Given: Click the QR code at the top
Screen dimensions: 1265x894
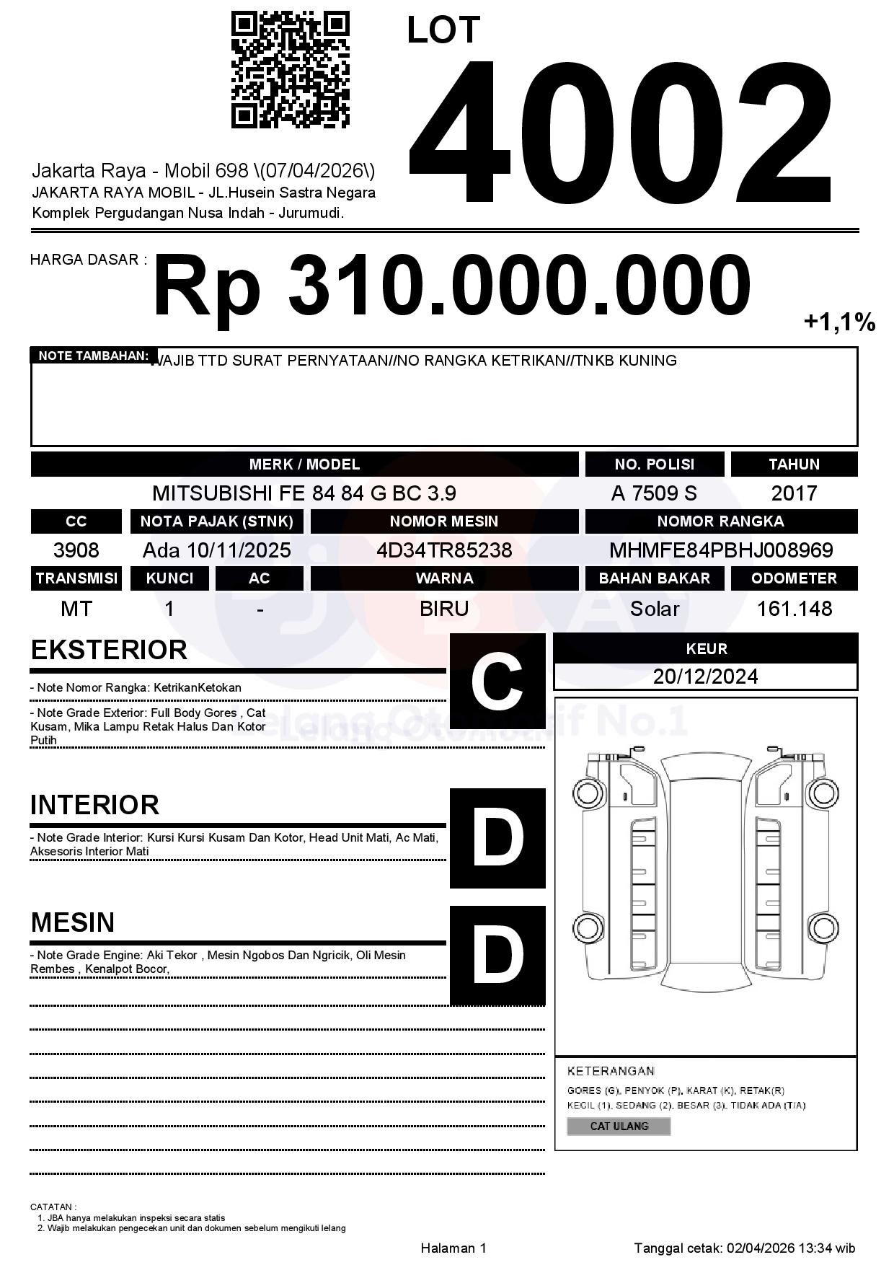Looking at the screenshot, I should pos(290,70).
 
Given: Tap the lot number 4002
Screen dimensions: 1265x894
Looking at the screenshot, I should pos(620,131).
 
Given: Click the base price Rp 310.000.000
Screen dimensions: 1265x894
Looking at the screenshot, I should pos(451,286).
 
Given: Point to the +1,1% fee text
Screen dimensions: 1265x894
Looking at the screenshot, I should pos(839,322).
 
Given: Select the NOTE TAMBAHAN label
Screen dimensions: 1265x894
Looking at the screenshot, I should pos(94,356).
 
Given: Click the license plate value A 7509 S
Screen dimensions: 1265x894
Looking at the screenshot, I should pos(654,493).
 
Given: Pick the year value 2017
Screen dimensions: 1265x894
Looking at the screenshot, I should pos(794,493).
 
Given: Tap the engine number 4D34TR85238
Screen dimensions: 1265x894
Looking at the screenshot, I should pos(444,550).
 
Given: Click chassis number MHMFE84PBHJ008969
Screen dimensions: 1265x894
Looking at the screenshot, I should pos(721,550).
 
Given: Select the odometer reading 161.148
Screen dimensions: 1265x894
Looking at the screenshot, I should pos(794,609).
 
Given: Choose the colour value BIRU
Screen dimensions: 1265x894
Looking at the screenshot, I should pos(444,609).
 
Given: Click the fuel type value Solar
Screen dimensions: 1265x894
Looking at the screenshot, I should pos(654,609).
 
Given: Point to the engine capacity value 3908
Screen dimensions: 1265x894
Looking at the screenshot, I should pos(76,550).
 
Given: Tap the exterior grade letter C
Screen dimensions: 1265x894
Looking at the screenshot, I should pos(497,681).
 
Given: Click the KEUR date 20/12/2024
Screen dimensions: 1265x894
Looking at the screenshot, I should pos(705,676).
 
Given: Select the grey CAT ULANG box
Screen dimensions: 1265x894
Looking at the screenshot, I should pos(619,1126).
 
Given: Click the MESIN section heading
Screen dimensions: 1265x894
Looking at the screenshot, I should pos(73,922).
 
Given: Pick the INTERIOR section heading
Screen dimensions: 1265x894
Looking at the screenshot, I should pos(94,805).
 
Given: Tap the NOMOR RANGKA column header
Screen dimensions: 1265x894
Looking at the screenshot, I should pos(721,521).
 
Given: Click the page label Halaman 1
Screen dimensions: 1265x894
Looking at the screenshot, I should pos(453,1248).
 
